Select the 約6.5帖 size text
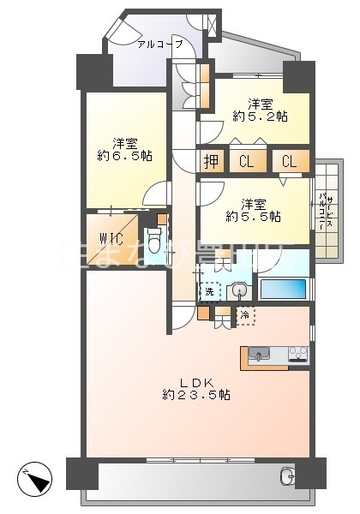(x=125, y=156)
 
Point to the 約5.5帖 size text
(x=255, y=217)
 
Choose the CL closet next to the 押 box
(x=246, y=161)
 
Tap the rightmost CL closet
(x=289, y=161)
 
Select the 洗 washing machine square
(x=209, y=292)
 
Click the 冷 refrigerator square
(x=245, y=317)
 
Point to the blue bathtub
(x=282, y=289)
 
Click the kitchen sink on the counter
(x=260, y=353)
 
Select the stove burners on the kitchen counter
(x=297, y=353)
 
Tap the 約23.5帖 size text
(x=196, y=395)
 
